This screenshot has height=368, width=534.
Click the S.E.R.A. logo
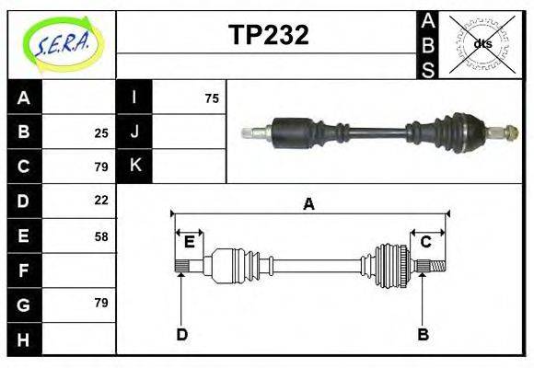click(62, 43)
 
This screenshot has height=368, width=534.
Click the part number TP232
click(268, 35)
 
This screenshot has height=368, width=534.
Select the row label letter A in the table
click(24, 98)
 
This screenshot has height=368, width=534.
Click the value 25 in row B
click(101, 132)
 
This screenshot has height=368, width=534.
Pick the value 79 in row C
click(101, 167)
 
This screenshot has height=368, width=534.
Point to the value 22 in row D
click(101, 200)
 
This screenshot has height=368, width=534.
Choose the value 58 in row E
click(101, 236)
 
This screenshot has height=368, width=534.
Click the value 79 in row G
click(101, 303)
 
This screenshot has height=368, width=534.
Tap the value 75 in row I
click(212, 98)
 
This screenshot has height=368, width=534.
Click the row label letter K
click(135, 167)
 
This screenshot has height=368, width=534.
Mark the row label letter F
click(24, 270)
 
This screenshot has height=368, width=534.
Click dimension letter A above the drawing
click(308, 204)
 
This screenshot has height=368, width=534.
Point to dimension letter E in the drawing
click(190, 242)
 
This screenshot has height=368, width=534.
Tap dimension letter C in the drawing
click(426, 242)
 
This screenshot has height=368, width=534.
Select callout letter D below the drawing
click(181, 334)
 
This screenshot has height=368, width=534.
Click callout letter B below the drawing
click(423, 334)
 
